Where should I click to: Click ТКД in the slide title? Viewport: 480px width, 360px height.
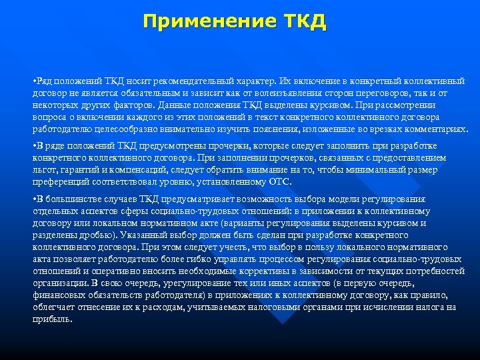pyautogui.click(x=305, y=21)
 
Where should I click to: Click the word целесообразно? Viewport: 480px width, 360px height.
pyautogui.click(x=111, y=129)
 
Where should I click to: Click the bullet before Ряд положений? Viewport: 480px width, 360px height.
pyautogui.click(x=35, y=81)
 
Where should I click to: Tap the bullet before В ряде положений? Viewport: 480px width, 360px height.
pyautogui.click(x=35, y=146)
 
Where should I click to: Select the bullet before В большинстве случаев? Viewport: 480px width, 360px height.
pyautogui.click(x=35, y=199)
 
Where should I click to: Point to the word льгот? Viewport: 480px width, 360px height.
pyautogui.click(x=44, y=170)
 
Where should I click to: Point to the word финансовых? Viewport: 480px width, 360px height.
pyautogui.click(x=58, y=295)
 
